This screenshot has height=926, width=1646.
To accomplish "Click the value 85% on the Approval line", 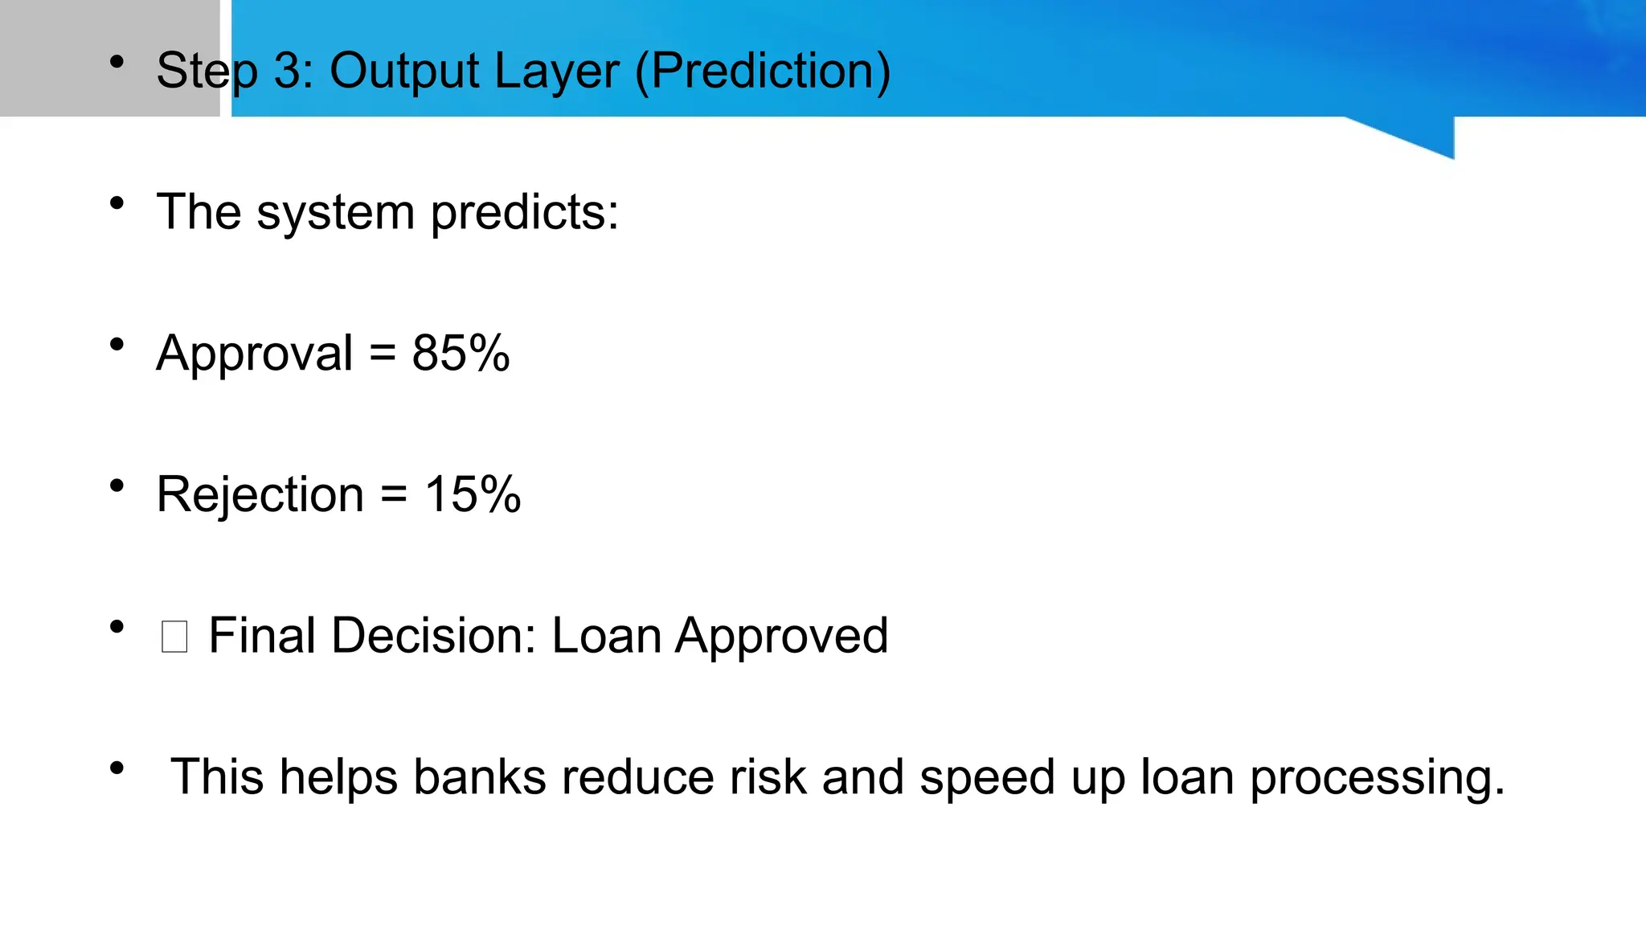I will point(461,353).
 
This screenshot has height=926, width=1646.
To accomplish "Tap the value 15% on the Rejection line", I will point(473,494).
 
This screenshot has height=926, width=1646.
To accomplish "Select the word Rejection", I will point(260,494).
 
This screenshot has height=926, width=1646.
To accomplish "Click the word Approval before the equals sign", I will point(255,354).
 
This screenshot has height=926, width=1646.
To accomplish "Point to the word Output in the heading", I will point(403,71).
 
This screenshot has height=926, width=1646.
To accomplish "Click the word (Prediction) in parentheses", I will point(763,71).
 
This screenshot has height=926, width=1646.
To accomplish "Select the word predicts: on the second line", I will point(524,213).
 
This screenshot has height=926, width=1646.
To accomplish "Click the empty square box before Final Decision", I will point(174,637).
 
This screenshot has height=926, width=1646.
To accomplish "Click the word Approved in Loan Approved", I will point(781,637).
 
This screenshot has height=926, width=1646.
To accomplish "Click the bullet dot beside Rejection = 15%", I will point(117,486).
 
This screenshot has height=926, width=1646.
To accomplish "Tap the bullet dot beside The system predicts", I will point(117,203).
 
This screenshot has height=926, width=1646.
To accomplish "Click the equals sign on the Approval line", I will point(383,354).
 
